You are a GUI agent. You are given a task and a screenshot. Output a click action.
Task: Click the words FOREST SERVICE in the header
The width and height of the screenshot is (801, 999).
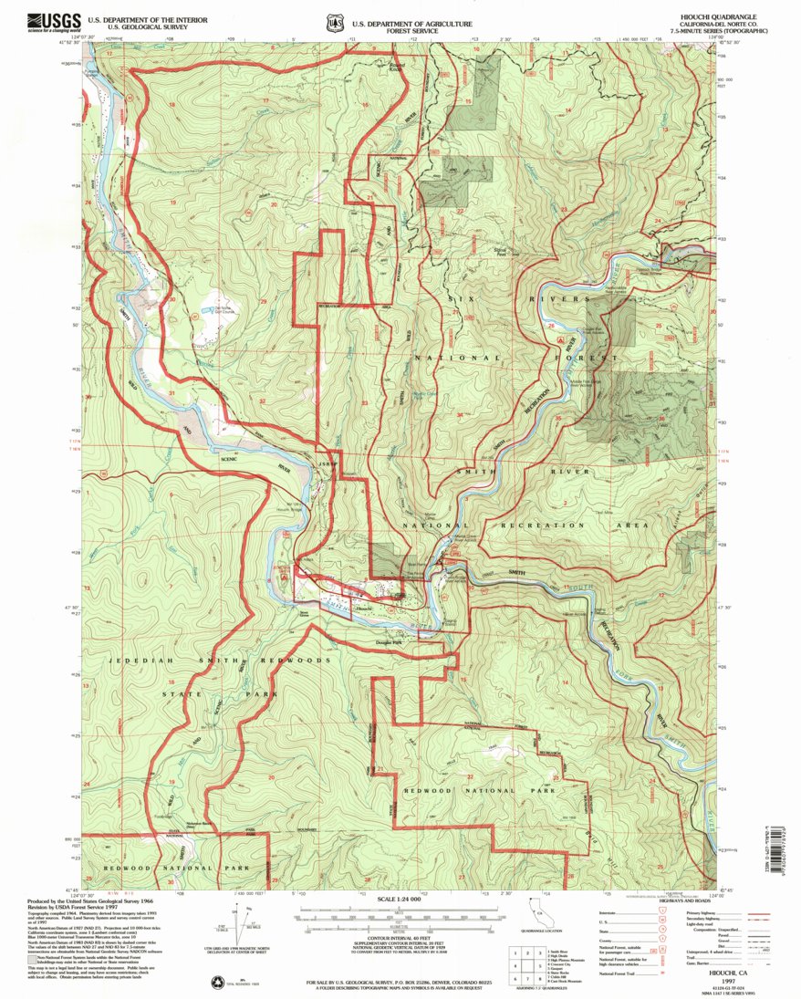[416, 29]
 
